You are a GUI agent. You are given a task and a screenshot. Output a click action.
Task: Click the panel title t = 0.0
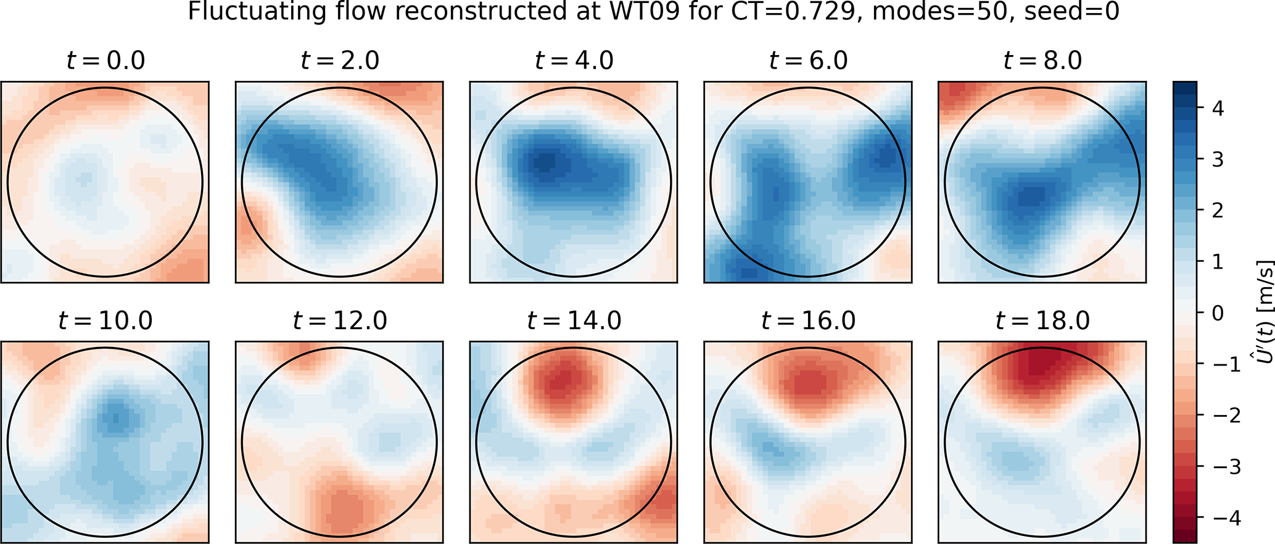(x=105, y=61)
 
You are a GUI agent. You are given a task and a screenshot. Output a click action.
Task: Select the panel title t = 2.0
(x=339, y=61)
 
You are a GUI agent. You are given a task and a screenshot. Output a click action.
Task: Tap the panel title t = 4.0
(x=574, y=61)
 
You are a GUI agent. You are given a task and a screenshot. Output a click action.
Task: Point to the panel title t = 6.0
(x=808, y=61)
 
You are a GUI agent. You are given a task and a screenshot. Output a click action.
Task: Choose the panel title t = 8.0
(x=1042, y=61)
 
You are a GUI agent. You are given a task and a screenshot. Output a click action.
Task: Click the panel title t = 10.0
(x=105, y=320)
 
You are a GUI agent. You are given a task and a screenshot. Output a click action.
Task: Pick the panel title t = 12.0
(x=339, y=320)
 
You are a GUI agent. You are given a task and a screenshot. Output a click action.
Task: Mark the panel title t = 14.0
(x=574, y=320)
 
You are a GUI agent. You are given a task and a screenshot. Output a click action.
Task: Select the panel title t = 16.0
(x=808, y=320)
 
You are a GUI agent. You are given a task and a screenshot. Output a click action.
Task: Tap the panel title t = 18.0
(x=1042, y=320)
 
